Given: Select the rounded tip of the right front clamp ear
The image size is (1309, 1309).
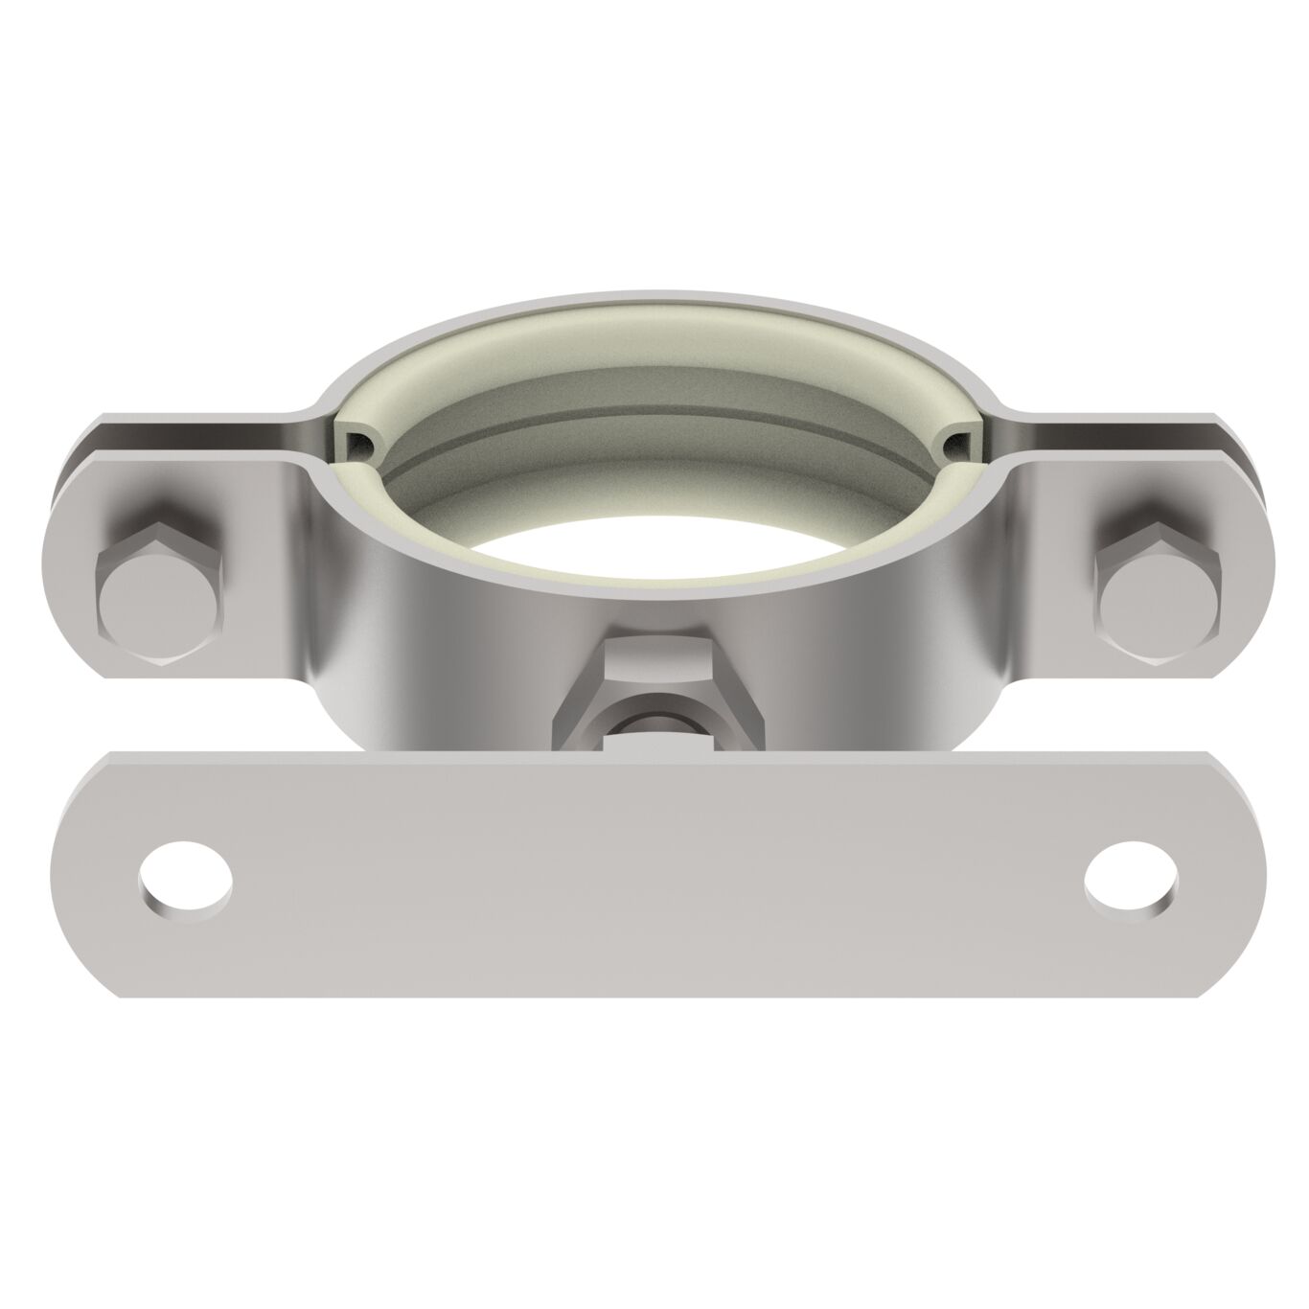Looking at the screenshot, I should click(x=1246, y=575).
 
